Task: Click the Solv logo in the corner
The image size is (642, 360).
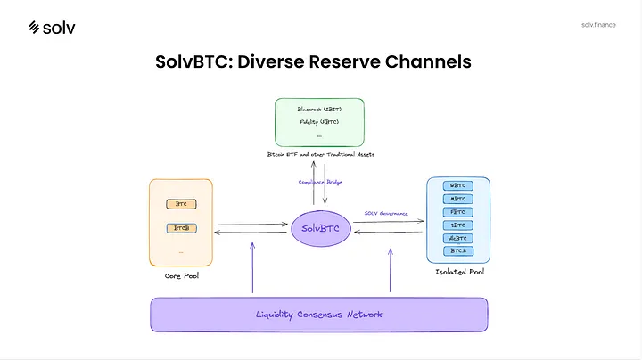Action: coord(52,27)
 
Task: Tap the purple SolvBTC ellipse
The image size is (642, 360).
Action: coord(320,227)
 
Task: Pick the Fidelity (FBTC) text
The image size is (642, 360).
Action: coord(317,121)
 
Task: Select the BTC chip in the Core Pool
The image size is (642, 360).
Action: coord(181,205)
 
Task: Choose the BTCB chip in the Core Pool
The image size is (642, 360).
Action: coord(181,229)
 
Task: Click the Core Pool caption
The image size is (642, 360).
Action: coord(181,277)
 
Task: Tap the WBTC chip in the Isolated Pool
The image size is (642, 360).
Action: coord(458,186)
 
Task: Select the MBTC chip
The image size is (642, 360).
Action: coord(458,200)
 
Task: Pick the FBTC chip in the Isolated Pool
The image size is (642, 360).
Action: coord(458,212)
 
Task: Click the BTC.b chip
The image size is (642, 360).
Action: coord(458,251)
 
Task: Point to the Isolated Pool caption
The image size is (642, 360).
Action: coord(459,271)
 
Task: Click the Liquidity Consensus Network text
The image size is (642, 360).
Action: coord(318,314)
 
